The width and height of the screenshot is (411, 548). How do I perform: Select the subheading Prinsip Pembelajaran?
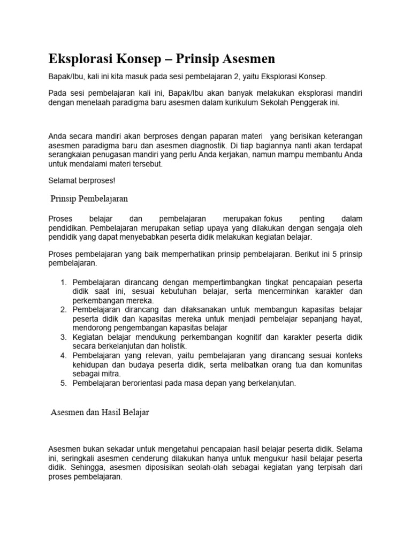pos(89,199)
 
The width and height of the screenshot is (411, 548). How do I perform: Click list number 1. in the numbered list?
pos(63,282)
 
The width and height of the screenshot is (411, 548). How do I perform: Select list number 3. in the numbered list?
pos(63,337)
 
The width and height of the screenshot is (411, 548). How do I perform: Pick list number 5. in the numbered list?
pos(63,383)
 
